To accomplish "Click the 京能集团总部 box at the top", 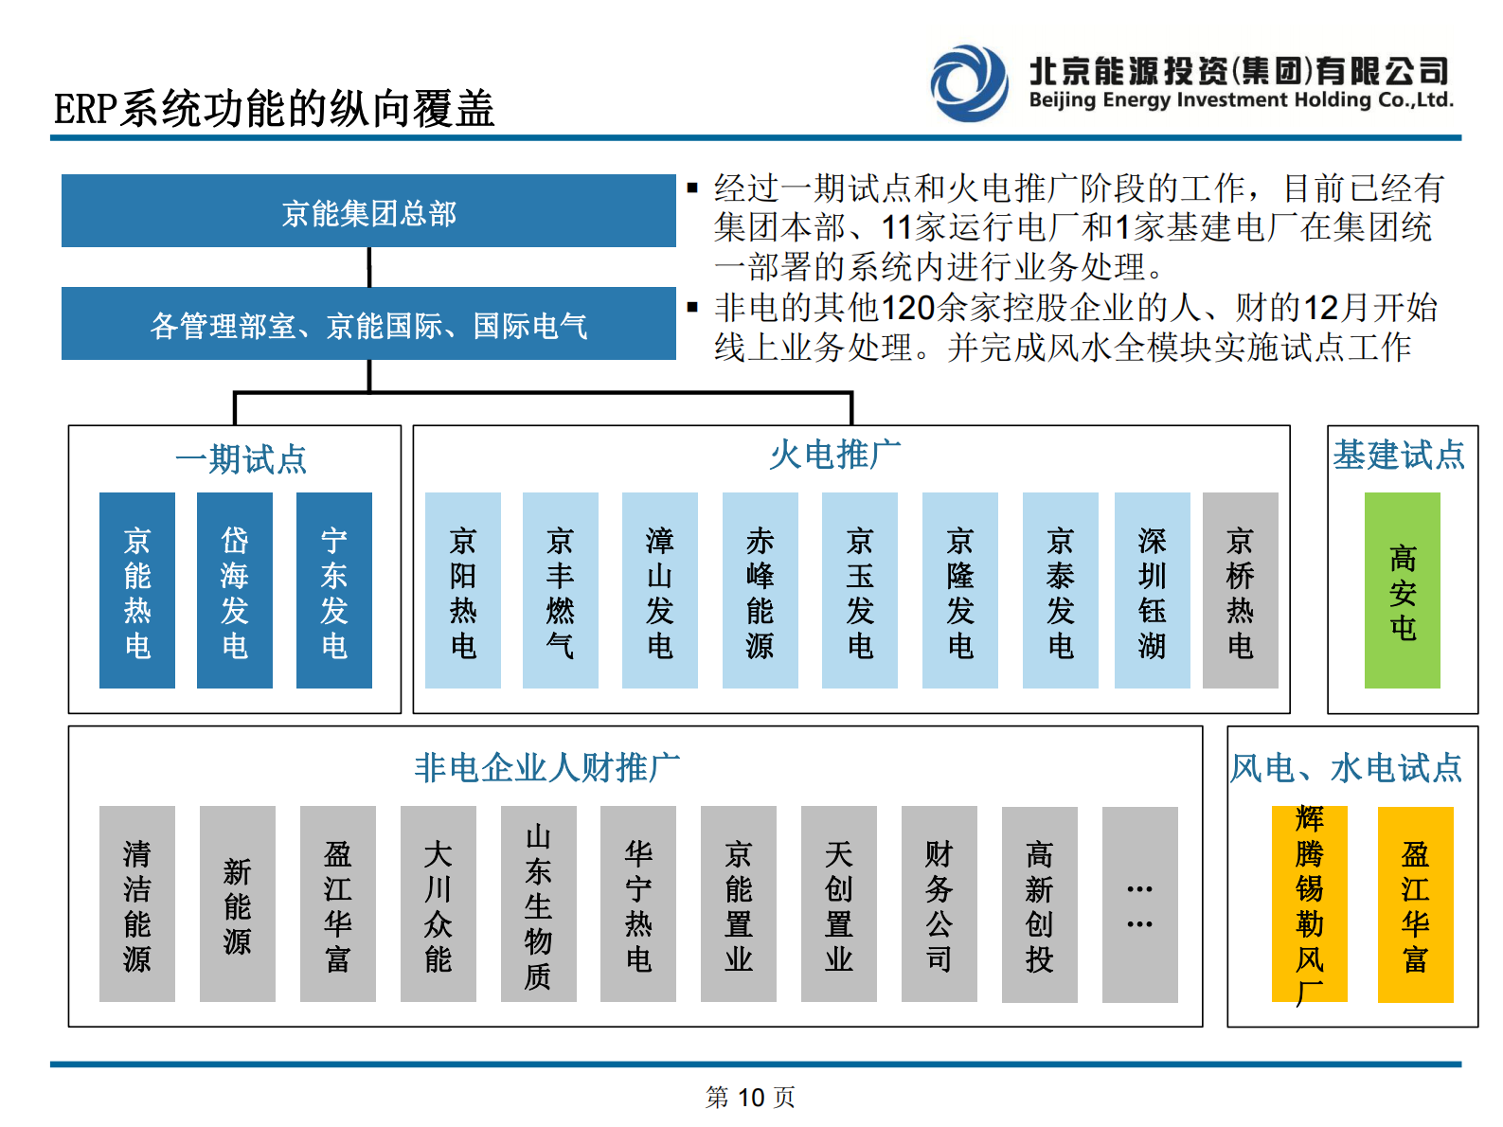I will click(x=368, y=211).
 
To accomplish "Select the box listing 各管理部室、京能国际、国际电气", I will click(x=368, y=324).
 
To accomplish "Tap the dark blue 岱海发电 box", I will click(x=234, y=590).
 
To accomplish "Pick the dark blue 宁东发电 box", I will click(x=333, y=590).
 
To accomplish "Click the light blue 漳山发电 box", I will click(x=659, y=590).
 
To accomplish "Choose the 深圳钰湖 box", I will click(x=1152, y=590).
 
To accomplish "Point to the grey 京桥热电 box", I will click(x=1240, y=590).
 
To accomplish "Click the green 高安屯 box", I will click(x=1402, y=590).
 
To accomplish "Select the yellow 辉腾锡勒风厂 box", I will click(x=1309, y=903).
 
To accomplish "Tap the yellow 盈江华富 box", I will click(x=1415, y=903).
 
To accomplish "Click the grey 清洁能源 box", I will click(x=137, y=903).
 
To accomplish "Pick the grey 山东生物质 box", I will click(x=538, y=903).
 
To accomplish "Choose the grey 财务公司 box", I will click(x=939, y=903).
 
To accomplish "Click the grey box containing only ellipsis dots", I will click(x=1139, y=903).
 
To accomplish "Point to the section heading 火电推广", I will click(x=834, y=456).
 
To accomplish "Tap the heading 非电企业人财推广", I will click(x=546, y=767).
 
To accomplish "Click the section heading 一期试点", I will click(x=241, y=459).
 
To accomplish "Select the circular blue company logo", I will click(x=969, y=82).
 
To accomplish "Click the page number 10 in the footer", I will click(x=750, y=1098).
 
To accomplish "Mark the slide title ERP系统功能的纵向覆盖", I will click(x=274, y=109).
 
